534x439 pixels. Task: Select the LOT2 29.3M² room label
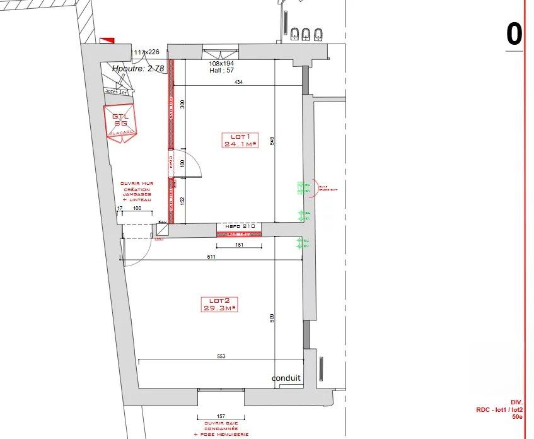[218, 304]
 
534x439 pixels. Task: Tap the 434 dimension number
[238, 83]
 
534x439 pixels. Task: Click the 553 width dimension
[221, 357]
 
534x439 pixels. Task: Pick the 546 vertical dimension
[272, 141]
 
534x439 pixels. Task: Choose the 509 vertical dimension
[272, 318]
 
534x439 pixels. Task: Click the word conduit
[286, 378]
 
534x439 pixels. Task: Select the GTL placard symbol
[120, 123]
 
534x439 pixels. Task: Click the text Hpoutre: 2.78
[138, 68]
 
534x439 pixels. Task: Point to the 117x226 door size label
[146, 52]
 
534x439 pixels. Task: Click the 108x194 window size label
[221, 64]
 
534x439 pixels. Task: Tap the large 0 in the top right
[514, 34]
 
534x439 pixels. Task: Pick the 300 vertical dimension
[182, 105]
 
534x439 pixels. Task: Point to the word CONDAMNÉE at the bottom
[221, 428]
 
